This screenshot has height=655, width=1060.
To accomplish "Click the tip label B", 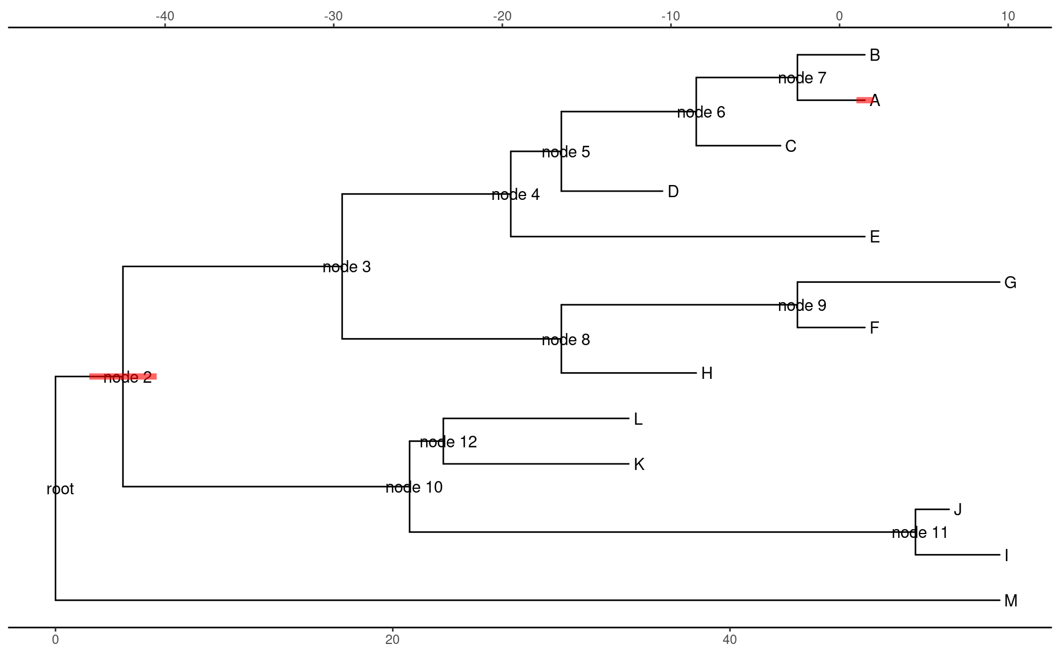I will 875,55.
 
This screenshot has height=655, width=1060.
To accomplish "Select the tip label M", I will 1010,601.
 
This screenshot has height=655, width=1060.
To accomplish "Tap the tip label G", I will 1010,283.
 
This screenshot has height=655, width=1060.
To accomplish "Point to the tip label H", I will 707,374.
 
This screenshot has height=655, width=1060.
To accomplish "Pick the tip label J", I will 958,510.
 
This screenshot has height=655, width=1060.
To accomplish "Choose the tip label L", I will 638,419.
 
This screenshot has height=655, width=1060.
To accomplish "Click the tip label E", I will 875,237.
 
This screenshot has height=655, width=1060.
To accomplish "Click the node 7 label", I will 802,78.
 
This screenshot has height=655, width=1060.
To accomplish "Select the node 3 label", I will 347,267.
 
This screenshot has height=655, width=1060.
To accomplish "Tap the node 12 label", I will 448,442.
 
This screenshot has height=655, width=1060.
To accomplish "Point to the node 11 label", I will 920,533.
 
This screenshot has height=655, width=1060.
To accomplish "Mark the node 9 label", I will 802,306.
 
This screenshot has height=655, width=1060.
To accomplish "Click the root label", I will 60,489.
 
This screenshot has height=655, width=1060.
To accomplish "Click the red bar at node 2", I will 123,377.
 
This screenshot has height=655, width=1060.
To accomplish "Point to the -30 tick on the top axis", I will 333,17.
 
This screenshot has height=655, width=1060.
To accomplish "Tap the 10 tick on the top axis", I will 1008,17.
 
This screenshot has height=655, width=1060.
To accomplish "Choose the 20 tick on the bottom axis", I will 393,640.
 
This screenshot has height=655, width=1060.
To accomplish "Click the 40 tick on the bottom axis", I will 730,640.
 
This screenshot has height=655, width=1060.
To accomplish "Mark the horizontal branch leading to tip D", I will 612,191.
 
